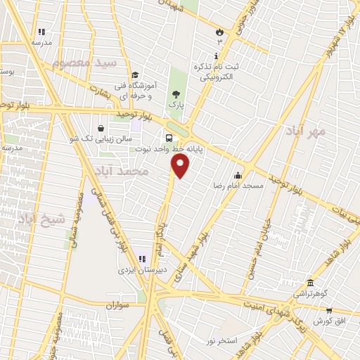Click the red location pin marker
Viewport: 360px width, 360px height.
coord(181,165)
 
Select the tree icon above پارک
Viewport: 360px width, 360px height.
coord(175,93)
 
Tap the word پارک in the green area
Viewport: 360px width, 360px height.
coord(175,104)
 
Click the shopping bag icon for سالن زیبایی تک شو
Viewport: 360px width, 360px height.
coord(102,129)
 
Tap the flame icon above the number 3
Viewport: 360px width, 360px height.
coord(219,32)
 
